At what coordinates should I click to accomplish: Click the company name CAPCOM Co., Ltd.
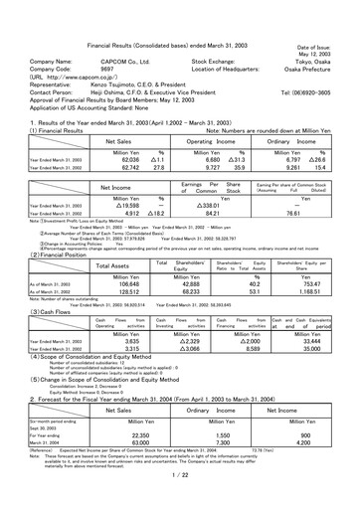coord(100,61)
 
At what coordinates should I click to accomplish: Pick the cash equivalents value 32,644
coord(321,312)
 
